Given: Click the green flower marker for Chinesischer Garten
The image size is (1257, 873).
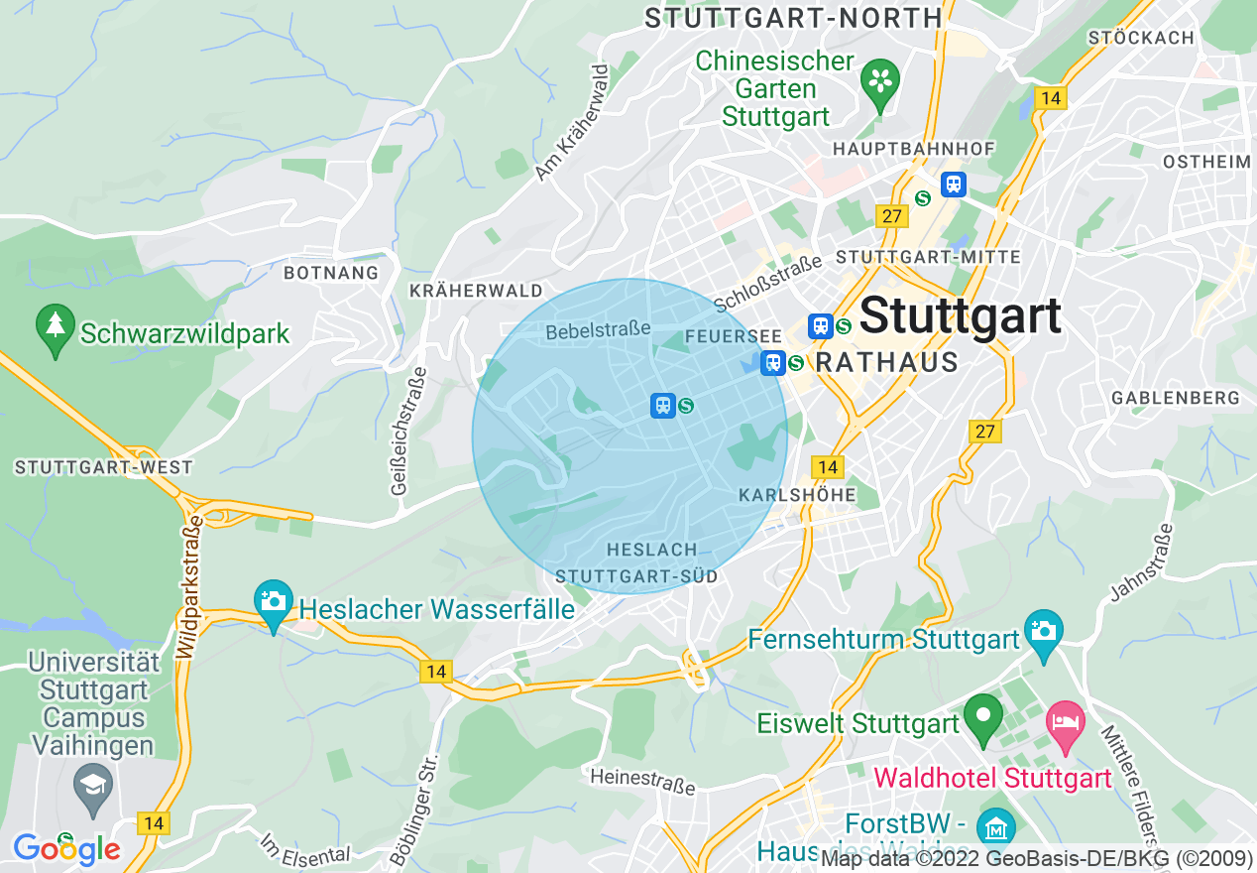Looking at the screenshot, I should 878,80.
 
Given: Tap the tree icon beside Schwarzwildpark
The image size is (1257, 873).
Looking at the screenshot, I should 55,326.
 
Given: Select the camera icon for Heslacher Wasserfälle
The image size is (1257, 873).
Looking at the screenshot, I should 273,601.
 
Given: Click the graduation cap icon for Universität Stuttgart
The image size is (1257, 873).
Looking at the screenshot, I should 93,785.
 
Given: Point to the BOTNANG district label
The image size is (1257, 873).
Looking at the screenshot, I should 331,273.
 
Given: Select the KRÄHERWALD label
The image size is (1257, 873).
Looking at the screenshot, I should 476,291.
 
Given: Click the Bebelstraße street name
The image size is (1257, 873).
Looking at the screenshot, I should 598,329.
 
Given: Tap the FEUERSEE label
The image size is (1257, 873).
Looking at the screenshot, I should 719,336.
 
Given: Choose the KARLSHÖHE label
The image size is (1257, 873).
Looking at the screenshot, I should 797,494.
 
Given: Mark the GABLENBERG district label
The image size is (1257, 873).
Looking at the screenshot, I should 1176,398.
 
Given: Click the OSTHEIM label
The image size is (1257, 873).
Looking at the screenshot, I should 1206,162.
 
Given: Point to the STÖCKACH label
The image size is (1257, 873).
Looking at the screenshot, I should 1141,38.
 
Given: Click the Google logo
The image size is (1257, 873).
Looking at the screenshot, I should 65,849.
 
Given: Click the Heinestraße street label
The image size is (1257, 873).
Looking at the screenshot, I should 642,781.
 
